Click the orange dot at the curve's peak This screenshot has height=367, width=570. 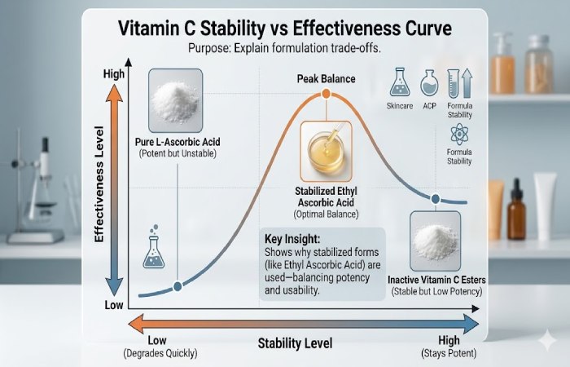click(326, 95)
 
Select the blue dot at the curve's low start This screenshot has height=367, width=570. click(178, 286)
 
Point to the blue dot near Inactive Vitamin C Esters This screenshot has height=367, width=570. click(436, 198)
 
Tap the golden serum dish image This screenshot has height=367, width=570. click(326, 150)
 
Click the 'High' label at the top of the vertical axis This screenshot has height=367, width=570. click(114, 74)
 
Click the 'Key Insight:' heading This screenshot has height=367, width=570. click(297, 239)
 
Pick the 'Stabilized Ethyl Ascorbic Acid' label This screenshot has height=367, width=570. click(326, 197)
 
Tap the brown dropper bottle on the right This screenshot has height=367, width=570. click(516, 214)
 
